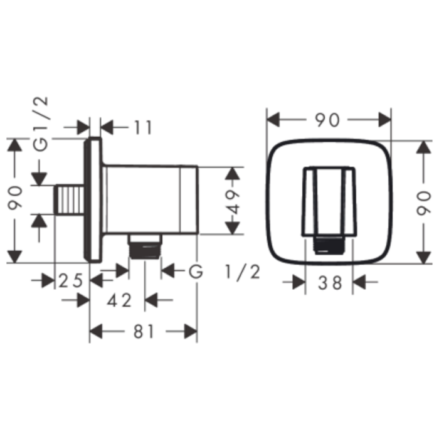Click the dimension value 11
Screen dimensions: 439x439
[144, 128]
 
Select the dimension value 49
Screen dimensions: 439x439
[233, 201]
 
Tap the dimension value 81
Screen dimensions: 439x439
[144, 332]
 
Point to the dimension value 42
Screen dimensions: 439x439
[120, 300]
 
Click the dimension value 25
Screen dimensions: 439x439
[71, 280]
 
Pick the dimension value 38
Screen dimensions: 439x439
[330, 283]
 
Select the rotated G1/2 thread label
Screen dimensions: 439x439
[41, 124]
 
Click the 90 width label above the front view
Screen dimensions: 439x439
[327, 120]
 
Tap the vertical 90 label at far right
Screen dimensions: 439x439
[423, 203]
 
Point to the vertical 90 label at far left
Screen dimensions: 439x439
[15, 198]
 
